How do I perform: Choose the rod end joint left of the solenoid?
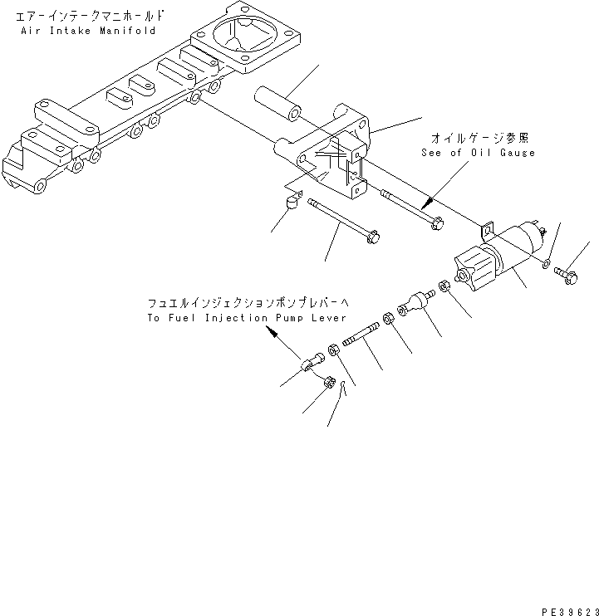[416, 303]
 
